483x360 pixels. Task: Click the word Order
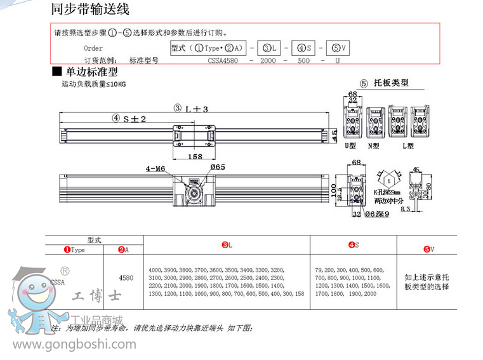coord(93,48)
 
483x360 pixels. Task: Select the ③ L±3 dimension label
coord(191,109)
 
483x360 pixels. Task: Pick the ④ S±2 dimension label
coord(129,118)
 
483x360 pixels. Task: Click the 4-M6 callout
coord(155,168)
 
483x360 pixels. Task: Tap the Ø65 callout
coord(218,166)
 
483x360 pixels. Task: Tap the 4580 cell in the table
coord(126,277)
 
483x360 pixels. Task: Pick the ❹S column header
coord(354,245)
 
